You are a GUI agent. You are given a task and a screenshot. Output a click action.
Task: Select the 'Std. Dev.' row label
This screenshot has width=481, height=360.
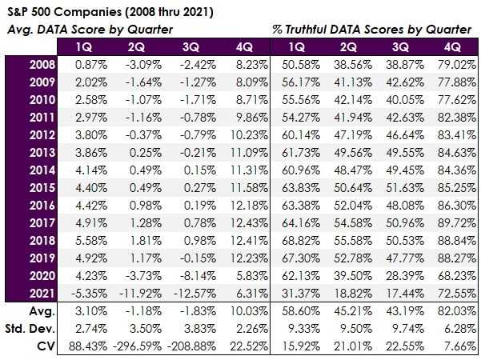[33, 327]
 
